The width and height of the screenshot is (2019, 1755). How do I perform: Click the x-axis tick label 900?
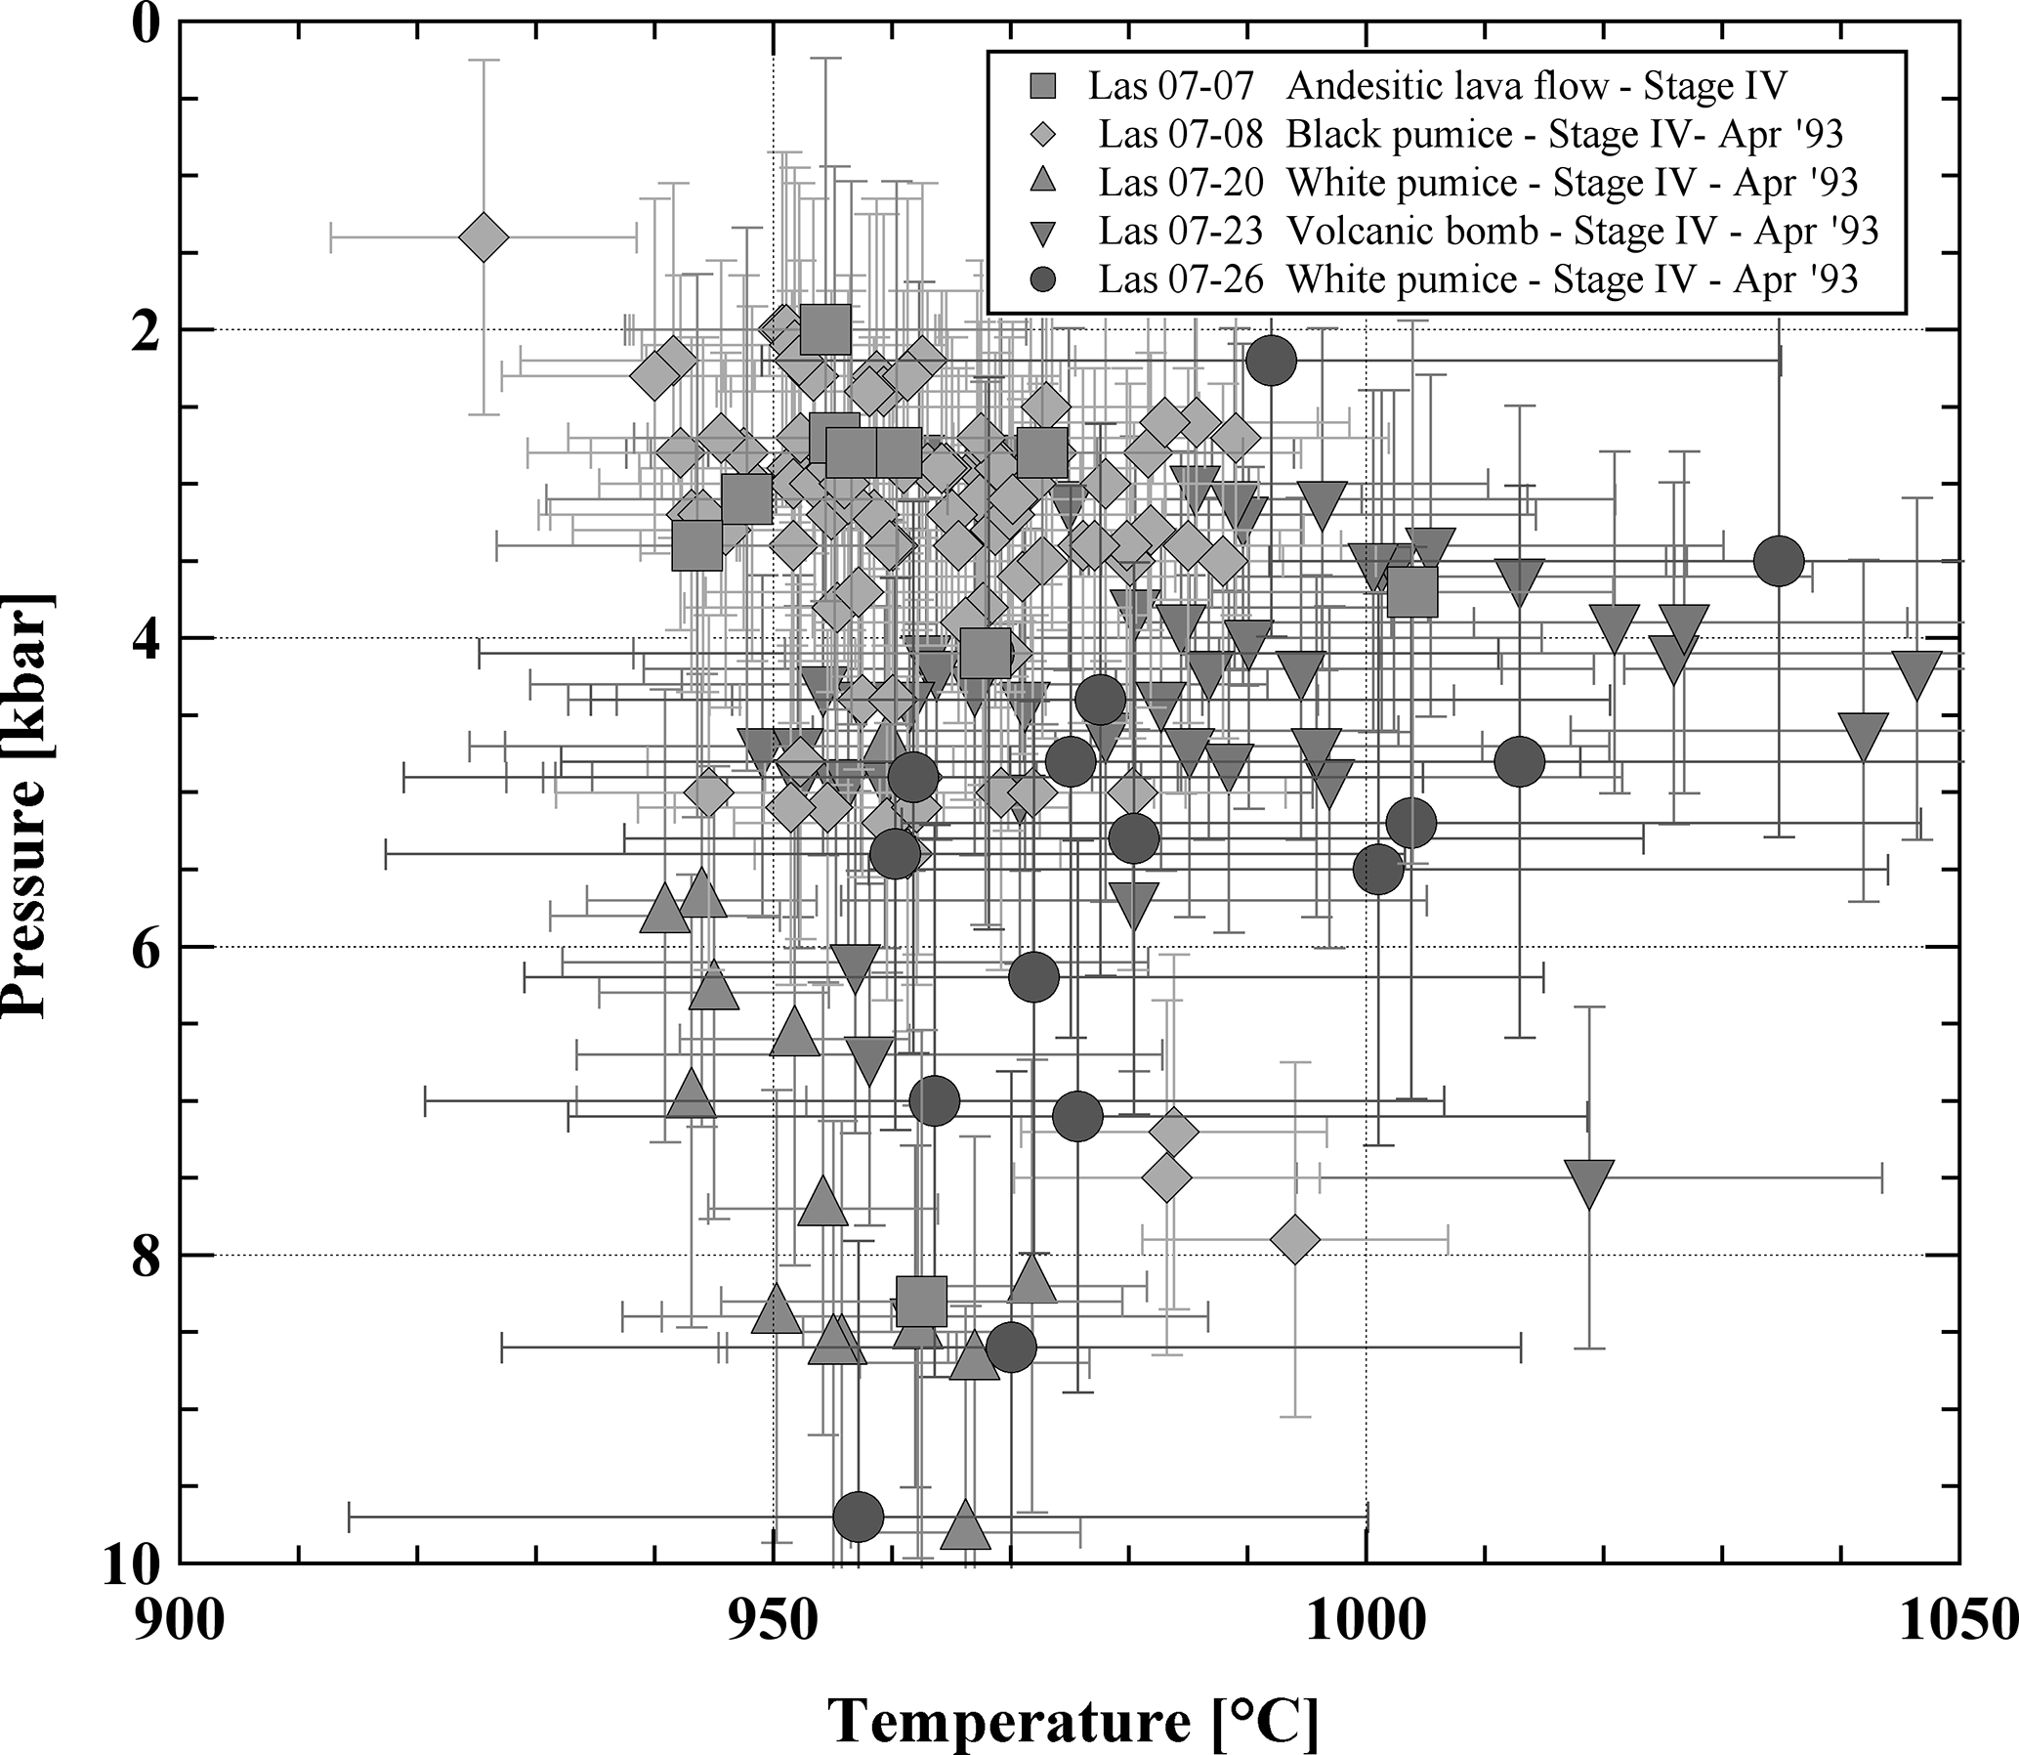pos(180,1622)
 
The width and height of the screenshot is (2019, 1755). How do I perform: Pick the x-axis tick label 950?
pos(774,1622)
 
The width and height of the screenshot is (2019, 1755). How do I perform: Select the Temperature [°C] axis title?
pos(1073,1719)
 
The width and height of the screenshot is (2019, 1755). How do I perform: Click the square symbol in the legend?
pos(1045,86)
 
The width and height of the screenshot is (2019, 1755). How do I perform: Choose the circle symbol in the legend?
pos(1045,280)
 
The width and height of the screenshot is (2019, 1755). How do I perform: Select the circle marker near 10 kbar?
pos(858,1517)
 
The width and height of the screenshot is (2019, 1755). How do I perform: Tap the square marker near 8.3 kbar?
pos(921,1302)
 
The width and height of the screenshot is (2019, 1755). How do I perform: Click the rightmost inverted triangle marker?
pos(1916,674)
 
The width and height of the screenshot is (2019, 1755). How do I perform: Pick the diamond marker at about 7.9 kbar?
pos(1294,1240)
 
